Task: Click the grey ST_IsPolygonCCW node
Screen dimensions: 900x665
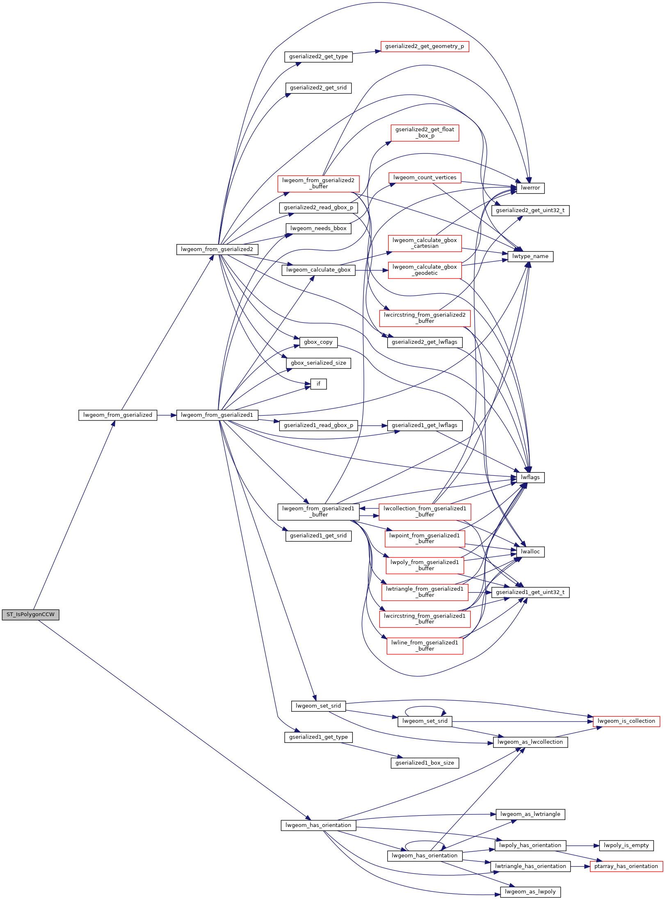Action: pos(30,614)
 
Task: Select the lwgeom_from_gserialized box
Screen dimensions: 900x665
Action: pos(117,415)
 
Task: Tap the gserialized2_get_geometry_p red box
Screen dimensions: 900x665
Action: pos(424,46)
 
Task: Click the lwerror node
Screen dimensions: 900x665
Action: pos(530,188)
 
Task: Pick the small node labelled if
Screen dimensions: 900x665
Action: pos(318,384)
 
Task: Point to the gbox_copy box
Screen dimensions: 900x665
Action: pos(318,342)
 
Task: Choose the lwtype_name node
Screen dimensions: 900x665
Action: pos(530,256)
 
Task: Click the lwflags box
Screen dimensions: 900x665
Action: pos(530,477)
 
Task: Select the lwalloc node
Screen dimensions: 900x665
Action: pos(530,552)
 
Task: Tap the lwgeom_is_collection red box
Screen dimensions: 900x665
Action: pos(626,721)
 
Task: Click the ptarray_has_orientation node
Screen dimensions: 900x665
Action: pos(626,866)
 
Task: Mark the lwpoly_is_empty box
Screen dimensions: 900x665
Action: pos(626,845)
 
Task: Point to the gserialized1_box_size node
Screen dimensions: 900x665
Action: pos(425,763)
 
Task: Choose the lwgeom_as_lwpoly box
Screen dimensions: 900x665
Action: pos(530,892)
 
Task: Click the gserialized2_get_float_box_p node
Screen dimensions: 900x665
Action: pos(425,132)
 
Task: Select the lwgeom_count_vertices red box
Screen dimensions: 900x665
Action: pos(425,178)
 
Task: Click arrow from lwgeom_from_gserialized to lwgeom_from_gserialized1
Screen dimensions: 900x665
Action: pos(167,415)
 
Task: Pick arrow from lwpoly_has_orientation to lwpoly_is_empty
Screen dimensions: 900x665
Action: pos(583,845)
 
